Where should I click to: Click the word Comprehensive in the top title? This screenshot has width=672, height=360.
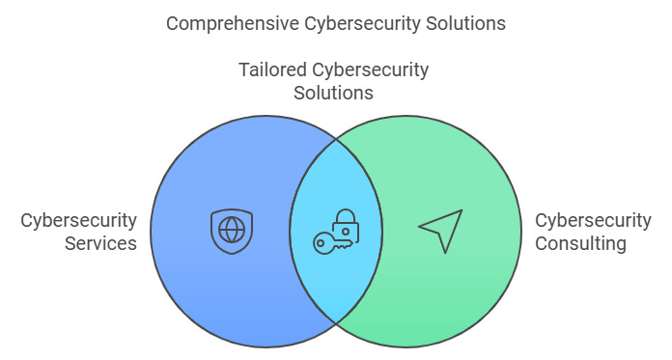[233, 23]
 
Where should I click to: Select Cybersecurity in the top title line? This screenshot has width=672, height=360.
[363, 24]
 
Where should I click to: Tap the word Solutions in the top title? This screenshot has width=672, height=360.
[465, 23]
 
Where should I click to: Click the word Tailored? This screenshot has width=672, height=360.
[272, 69]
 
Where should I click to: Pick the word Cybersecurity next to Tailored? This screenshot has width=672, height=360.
[371, 70]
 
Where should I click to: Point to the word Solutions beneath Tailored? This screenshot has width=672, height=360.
[333, 93]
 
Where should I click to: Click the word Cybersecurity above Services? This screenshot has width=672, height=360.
[78, 221]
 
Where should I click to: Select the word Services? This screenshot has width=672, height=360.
[100, 243]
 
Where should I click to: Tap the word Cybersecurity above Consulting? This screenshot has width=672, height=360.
[593, 221]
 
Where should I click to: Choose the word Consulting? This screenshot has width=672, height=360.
[580, 244]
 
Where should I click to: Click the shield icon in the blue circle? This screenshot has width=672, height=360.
[232, 231]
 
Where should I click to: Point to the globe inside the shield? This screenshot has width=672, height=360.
[232, 230]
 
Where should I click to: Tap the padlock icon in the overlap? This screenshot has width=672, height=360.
[346, 226]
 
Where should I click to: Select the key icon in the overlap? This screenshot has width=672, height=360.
[333, 243]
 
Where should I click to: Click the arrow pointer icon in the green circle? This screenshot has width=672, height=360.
[441, 231]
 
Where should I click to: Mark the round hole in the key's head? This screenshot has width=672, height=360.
[320, 244]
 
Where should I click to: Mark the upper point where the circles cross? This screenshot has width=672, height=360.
[336, 139]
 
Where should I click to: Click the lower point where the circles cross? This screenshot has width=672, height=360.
[336, 322]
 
